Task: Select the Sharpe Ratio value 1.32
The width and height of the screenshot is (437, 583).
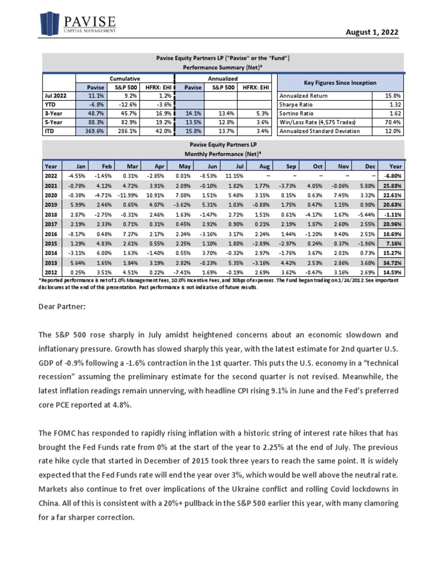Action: [x=393, y=105]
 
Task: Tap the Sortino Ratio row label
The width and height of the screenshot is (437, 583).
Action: [x=296, y=114]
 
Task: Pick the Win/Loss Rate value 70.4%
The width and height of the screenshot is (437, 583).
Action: [x=392, y=122]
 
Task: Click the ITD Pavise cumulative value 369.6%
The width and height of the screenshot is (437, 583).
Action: [x=88, y=131]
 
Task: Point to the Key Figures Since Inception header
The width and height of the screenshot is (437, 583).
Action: [x=340, y=83]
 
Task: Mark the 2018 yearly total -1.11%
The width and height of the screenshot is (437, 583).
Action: [x=392, y=214]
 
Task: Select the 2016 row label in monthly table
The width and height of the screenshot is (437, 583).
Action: [x=50, y=233]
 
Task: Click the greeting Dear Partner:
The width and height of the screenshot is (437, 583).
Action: [x=62, y=307]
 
